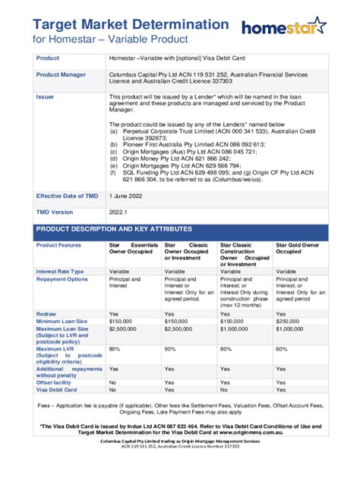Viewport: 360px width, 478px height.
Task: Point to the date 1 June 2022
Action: pyautogui.click(x=130, y=196)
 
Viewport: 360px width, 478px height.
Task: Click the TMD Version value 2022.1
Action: pyautogui.click(x=120, y=212)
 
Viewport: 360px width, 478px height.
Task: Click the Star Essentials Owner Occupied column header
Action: pyautogui.click(x=134, y=250)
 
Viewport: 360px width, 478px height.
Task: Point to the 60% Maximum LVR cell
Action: pyautogui.click(x=282, y=349)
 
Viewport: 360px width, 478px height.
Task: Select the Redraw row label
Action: pyautogui.click(x=47, y=314)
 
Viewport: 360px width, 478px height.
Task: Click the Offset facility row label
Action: pyautogui.click(x=55, y=382)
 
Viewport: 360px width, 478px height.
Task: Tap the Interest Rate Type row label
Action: pyautogui.click(x=61, y=271)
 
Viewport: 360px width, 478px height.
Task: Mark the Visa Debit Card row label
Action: pyautogui.click(x=58, y=390)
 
